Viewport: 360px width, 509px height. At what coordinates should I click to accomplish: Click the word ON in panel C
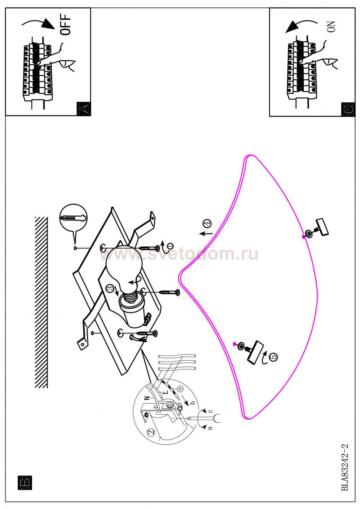(331, 26)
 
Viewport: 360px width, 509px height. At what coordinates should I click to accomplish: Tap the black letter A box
(84, 109)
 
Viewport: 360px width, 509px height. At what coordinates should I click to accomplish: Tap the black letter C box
(348, 109)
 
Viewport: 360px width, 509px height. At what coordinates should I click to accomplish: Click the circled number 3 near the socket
(110, 288)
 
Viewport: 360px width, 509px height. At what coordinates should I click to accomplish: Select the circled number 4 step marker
(208, 223)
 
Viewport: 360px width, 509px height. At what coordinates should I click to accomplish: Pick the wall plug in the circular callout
(73, 218)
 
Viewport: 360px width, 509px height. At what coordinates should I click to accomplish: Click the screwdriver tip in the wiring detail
(188, 418)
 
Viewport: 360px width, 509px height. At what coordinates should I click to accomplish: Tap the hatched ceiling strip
(41, 302)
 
